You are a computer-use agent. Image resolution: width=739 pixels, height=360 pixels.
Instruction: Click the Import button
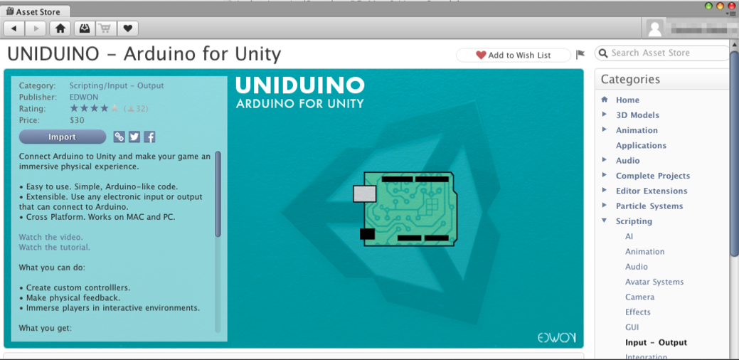coord(62,137)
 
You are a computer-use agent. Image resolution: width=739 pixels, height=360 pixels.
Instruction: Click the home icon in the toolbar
coord(60,28)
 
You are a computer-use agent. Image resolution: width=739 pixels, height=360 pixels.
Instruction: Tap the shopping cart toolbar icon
coord(105,28)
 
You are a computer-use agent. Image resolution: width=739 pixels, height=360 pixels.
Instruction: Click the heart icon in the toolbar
coord(127,28)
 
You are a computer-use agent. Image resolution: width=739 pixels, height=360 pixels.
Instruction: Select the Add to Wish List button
coord(514,55)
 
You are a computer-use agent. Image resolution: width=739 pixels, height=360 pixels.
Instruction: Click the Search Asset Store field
coord(665,53)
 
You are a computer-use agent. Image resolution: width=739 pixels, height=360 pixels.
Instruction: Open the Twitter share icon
coord(134,137)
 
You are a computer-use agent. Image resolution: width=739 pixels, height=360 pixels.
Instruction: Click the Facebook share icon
coord(149,137)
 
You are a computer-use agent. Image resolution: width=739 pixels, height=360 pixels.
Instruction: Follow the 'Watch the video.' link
coord(51,237)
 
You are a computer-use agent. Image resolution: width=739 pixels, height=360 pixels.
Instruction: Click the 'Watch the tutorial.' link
coord(55,248)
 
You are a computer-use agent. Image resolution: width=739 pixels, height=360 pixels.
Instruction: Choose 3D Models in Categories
coord(637,115)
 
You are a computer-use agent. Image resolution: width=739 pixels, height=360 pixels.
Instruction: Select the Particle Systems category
coord(649,206)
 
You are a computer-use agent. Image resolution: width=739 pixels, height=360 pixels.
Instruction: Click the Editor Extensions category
coord(652,191)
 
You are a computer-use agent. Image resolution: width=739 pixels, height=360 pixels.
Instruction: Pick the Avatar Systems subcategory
coord(654,282)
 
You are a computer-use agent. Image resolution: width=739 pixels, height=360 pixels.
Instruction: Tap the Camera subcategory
coord(639,297)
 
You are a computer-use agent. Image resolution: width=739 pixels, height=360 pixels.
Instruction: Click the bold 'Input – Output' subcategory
coord(656,342)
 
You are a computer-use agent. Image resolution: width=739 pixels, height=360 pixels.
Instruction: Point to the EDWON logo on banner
coord(556,337)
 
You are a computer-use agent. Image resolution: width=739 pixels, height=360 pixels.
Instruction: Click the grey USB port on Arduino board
coord(364,193)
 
